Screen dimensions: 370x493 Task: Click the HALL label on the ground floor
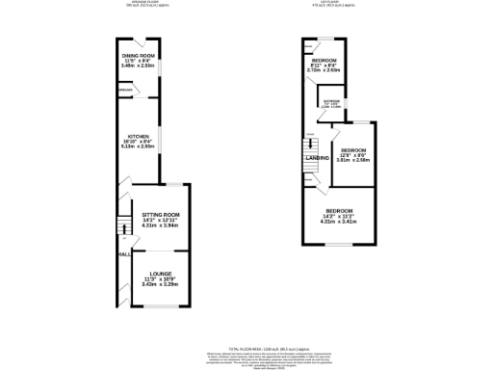[124, 254]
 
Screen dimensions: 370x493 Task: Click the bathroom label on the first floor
[331, 102]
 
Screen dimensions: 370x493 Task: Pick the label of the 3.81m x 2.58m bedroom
[353, 151]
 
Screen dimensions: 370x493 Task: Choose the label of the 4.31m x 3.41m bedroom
[339, 212]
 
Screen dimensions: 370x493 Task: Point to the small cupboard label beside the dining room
[125, 92]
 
